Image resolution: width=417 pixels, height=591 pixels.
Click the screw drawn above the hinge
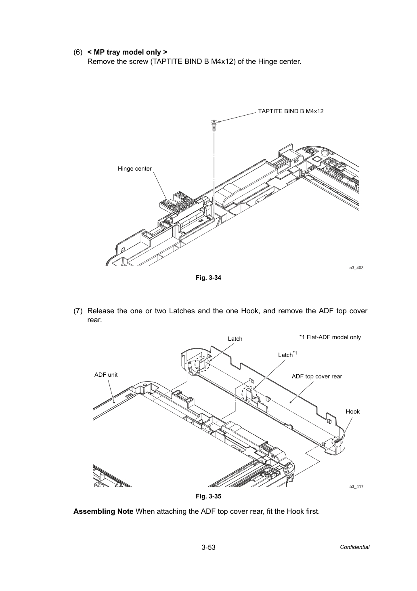214,125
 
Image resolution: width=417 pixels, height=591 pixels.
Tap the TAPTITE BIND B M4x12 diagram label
291,111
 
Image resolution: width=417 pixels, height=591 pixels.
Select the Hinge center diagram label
134,169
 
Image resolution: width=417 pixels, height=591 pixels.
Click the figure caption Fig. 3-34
208,278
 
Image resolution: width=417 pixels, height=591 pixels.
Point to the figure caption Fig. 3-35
208,496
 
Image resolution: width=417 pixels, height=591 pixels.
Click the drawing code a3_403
356,268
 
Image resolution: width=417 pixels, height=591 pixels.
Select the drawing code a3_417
356,487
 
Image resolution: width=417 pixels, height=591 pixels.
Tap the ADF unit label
106,375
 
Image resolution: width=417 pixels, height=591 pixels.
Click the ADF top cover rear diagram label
316,376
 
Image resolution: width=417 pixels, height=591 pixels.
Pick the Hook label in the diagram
352,412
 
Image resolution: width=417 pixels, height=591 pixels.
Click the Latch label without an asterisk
235,339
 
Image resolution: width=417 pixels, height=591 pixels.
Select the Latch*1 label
287,355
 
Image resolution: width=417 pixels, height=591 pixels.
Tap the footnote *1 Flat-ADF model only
330,337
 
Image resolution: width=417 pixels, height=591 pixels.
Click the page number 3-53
208,547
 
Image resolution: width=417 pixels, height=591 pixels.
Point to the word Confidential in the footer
354,547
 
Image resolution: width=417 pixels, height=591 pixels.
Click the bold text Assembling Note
103,511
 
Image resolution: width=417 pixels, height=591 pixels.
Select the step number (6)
78,52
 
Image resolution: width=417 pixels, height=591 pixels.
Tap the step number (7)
78,311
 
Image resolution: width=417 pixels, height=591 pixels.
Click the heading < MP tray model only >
127,52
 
